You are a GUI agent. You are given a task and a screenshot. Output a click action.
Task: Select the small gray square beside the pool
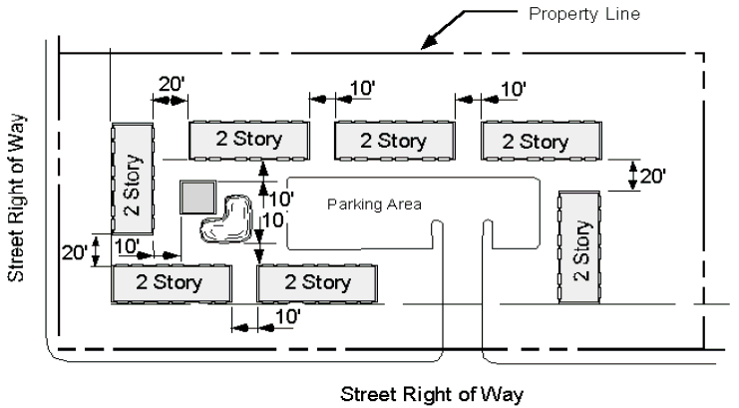click(x=196, y=198)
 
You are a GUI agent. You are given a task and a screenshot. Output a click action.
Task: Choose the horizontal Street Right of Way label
click(x=431, y=392)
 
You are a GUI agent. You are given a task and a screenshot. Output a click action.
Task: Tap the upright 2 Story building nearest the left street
click(x=132, y=179)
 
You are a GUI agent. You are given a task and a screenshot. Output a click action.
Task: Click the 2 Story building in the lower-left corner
click(x=172, y=282)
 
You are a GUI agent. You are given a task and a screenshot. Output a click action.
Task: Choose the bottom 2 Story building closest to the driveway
click(x=317, y=282)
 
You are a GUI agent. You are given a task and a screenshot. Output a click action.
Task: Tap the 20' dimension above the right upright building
click(x=651, y=177)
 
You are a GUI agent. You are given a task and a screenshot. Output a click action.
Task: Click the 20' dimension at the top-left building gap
click(x=171, y=84)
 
